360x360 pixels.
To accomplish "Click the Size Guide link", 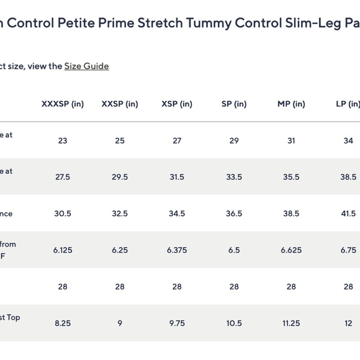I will click(87, 66).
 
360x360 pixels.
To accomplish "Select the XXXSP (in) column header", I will click(63, 104).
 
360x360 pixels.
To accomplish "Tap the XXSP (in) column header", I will click(120, 104).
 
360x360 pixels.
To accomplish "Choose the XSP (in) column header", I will click(177, 104).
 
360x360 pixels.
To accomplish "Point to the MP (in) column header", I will click(291, 104).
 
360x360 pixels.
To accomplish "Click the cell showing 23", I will click(63, 141).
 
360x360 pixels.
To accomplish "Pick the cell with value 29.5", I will click(120, 178).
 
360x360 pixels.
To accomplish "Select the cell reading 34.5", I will click(177, 214).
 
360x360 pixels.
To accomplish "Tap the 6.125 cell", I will click(63, 251).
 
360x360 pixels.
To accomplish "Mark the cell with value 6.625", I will click(291, 251).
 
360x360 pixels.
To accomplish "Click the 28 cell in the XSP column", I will click(177, 287).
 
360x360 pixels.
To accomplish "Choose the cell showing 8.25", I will click(63, 323).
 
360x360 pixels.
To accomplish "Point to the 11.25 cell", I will click(291, 323).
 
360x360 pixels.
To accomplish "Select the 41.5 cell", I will click(348, 214).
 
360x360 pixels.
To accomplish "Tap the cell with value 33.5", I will click(234, 178).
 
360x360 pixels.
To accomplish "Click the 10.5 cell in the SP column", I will click(234, 323).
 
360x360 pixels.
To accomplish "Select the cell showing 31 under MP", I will click(291, 141).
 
